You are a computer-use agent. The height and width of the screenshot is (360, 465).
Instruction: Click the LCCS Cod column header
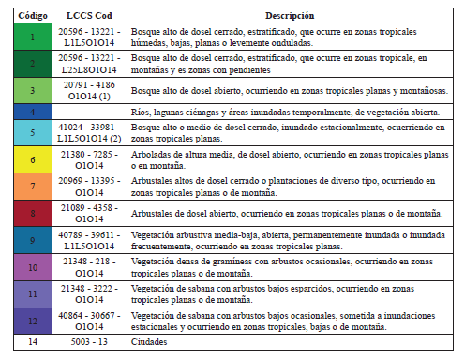pyautogui.click(x=89, y=17)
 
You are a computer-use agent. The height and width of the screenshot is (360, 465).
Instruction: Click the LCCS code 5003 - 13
pyautogui.click(x=89, y=342)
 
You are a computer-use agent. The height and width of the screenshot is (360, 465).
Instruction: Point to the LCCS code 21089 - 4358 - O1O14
pyautogui.click(x=89, y=213)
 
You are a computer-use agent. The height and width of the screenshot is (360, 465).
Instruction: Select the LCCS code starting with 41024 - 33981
pyautogui.click(x=89, y=132)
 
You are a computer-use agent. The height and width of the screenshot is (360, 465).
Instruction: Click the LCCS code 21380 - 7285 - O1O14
pyautogui.click(x=89, y=158)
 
